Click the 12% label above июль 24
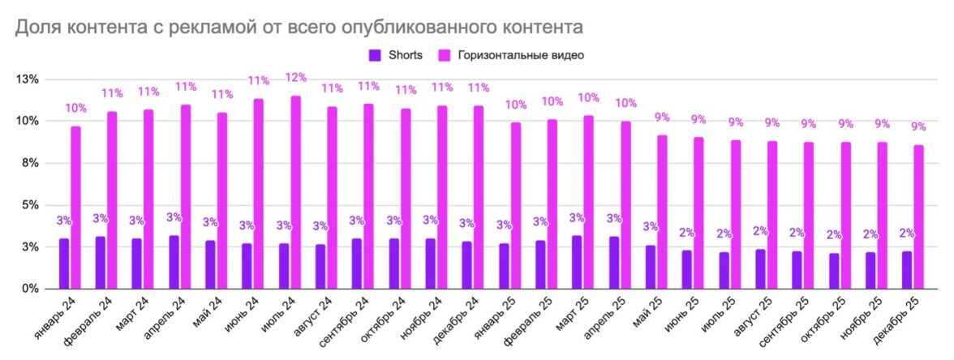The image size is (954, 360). pos(296,78)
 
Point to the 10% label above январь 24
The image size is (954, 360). pos(75,108)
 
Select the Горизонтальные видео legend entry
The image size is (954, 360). pos(511,55)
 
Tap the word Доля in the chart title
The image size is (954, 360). pos(36,28)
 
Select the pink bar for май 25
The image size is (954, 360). pos(662,212)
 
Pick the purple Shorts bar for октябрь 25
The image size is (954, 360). pos(834,271)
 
